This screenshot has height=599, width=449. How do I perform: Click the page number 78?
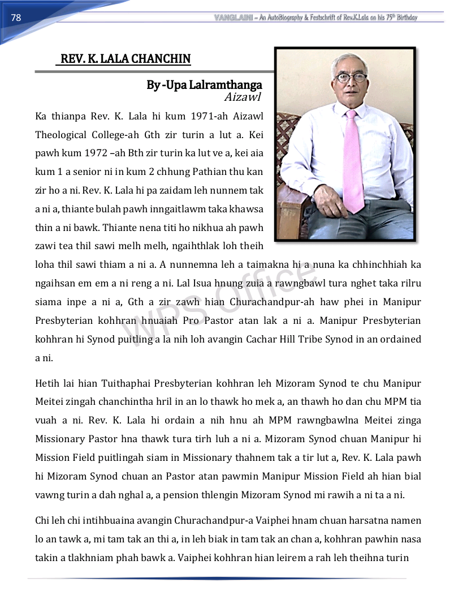pyautogui.click(x=16, y=18)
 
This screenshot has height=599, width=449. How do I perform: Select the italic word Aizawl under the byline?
pyautogui.click(x=243, y=97)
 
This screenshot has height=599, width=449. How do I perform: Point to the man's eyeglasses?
pyautogui.click(x=351, y=78)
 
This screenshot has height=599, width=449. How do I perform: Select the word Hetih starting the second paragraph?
pyautogui.click(x=48, y=383)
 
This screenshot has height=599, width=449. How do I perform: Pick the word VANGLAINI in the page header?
pyautogui.click(x=234, y=18)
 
